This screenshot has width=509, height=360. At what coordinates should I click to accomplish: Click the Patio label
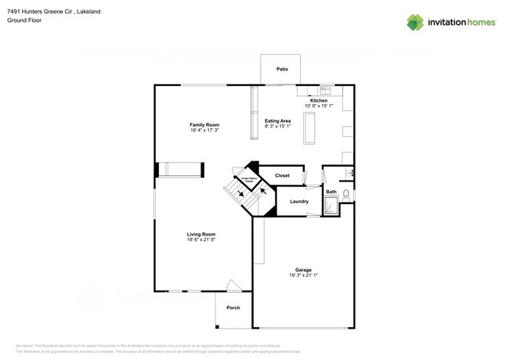pyautogui.click(x=282, y=70)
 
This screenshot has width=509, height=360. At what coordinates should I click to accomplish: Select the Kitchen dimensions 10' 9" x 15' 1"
pyautogui.click(x=319, y=106)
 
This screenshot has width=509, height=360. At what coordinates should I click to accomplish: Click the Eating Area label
pyautogui.click(x=277, y=121)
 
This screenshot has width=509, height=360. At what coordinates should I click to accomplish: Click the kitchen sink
pyautogui.click(x=324, y=91)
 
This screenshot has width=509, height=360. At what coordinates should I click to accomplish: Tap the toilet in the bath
pyautogui.click(x=346, y=193)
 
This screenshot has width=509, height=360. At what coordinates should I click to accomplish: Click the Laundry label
pyautogui.click(x=298, y=201)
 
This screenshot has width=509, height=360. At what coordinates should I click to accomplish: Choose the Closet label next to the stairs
pyautogui.click(x=282, y=175)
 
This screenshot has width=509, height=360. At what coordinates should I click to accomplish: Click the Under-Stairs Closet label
pyautogui.click(x=249, y=178)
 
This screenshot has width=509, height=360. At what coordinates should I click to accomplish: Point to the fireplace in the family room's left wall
pyautogui.click(x=181, y=170)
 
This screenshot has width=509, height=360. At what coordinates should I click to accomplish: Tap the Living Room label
pyautogui.click(x=201, y=234)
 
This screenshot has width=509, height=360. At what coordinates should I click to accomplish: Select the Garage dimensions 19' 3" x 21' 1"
pyautogui.click(x=302, y=275)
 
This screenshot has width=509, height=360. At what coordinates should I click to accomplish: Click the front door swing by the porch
pyautogui.click(x=232, y=286)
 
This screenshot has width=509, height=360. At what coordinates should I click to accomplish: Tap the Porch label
pyautogui.click(x=233, y=308)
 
